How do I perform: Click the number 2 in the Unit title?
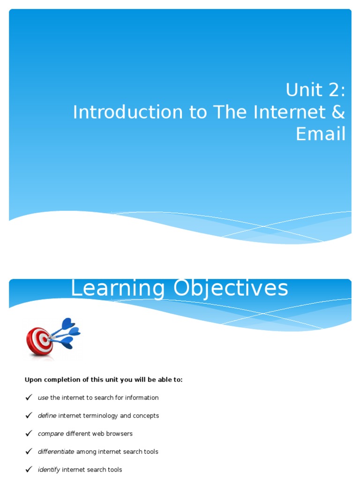(332, 90)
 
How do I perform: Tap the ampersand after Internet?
(338, 112)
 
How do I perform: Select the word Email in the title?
(321, 134)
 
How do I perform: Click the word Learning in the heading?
(118, 288)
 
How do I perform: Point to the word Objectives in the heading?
(231, 288)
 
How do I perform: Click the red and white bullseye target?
(39, 341)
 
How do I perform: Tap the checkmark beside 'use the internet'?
(29, 397)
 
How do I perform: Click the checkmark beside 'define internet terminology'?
(29, 415)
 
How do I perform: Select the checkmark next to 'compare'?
(29, 434)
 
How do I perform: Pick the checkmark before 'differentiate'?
(29, 451)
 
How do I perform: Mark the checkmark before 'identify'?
(29, 469)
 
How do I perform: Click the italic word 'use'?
(43, 398)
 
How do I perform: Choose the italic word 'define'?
(47, 415)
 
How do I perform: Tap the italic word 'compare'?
(51, 434)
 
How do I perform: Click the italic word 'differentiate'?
(56, 451)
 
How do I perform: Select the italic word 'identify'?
(49, 470)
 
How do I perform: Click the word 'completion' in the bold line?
(62, 380)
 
